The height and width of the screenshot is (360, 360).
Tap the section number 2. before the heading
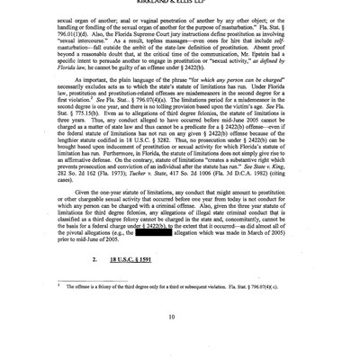95,258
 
